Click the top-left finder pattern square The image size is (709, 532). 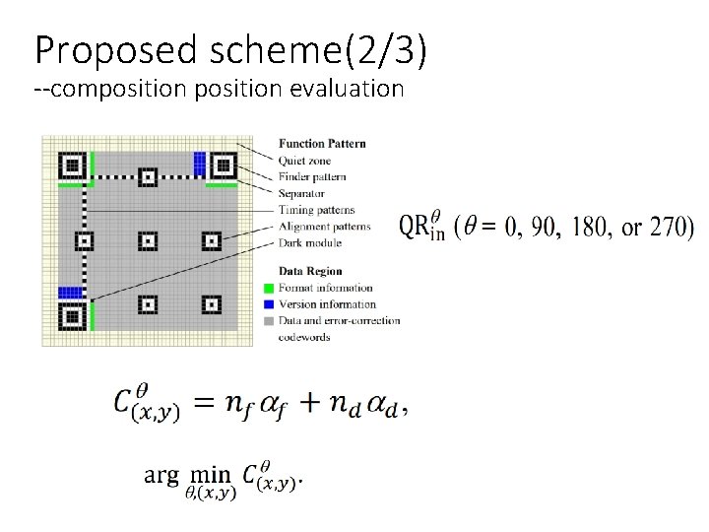(72, 166)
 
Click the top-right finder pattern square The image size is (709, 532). (223, 166)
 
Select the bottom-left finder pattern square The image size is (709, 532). (72, 316)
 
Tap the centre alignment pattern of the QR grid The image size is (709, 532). (148, 240)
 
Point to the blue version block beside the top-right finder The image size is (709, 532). (200, 163)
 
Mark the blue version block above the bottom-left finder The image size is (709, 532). (70, 292)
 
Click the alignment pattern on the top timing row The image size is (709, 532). (148, 177)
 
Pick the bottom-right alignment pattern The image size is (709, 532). (210, 303)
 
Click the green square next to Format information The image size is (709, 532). (270, 288)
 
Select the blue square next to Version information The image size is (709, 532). (270, 304)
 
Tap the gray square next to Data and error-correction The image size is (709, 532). (270, 320)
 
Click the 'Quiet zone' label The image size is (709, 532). (305, 160)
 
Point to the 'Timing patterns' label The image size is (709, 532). (317, 210)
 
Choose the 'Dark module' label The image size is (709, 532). (310, 242)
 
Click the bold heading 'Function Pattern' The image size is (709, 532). (322, 143)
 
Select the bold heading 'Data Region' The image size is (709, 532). (310, 270)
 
